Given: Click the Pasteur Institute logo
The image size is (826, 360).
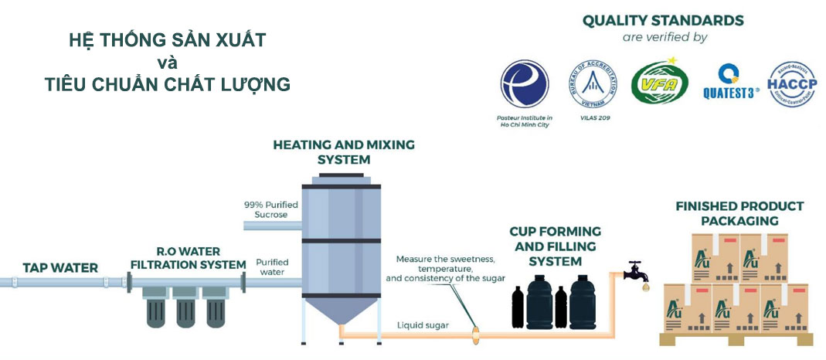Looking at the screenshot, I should point(525,83).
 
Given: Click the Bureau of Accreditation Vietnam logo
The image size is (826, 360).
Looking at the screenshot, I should point(593,83).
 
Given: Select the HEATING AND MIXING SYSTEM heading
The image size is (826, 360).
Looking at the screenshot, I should point(344,151).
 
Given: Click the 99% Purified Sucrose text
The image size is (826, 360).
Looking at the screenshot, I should point(265,209).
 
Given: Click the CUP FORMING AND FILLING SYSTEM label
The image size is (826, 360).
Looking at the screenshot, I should point(555,246).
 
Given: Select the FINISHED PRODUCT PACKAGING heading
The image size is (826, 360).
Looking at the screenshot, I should point(739,213).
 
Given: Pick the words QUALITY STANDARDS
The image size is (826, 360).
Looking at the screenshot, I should point(663,20).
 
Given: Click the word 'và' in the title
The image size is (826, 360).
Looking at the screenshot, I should point(167,62).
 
